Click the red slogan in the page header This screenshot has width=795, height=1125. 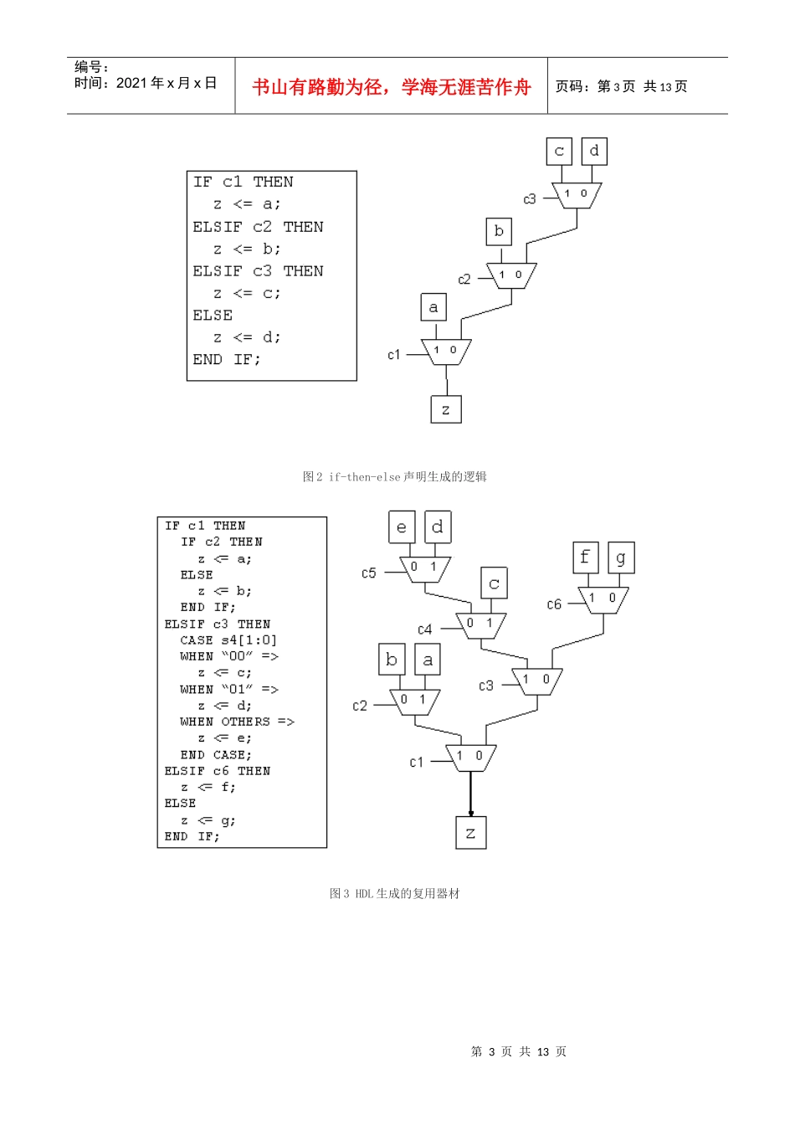click(391, 87)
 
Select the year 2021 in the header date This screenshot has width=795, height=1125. click(132, 83)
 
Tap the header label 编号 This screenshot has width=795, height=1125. click(88, 66)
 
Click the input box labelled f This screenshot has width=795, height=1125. click(586, 557)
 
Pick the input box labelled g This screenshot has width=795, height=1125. click(621, 557)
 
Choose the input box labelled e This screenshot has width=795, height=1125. click(402, 527)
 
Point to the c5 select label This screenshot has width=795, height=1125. click(368, 573)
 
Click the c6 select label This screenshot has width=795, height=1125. click(554, 604)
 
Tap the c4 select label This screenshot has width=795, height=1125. click(424, 629)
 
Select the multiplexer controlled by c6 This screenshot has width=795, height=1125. click(603, 600)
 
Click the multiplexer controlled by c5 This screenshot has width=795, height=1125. click(425, 569)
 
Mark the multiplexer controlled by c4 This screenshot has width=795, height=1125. click(481, 626)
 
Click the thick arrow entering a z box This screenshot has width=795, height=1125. click(470, 794)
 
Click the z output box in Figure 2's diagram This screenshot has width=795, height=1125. click(446, 409)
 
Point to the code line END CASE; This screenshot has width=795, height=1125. click(216, 755)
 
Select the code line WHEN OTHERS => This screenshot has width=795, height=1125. click(237, 722)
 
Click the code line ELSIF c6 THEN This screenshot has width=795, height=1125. click(218, 771)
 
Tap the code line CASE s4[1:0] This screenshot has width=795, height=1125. click(228, 640)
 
